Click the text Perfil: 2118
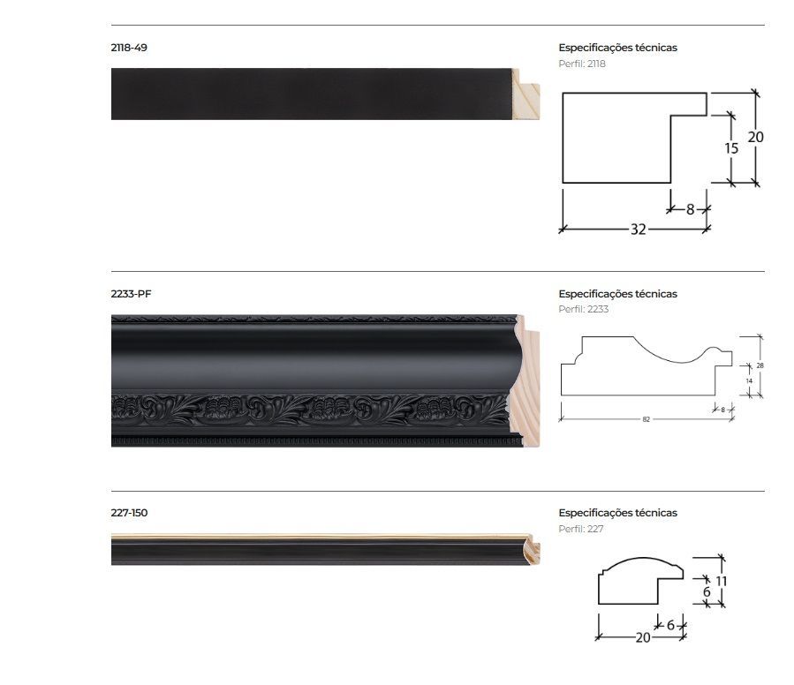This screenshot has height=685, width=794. pyautogui.click(x=582, y=64)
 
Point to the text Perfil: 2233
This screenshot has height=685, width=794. pyautogui.click(x=584, y=310)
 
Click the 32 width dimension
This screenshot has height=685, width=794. pyautogui.click(x=638, y=230)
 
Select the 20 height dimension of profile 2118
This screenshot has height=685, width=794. pyautogui.click(x=755, y=137)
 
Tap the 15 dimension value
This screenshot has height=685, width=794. pyautogui.click(x=731, y=148)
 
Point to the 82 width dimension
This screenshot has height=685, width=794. pyautogui.click(x=647, y=419)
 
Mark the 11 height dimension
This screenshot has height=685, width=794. pyautogui.click(x=721, y=581)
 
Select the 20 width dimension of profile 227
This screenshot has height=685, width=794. pyautogui.click(x=642, y=637)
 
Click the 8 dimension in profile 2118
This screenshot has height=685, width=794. pyautogui.click(x=690, y=209)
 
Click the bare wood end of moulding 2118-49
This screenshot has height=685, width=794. pyautogui.click(x=527, y=94)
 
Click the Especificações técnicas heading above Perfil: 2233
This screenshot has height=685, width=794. pyautogui.click(x=617, y=294)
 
